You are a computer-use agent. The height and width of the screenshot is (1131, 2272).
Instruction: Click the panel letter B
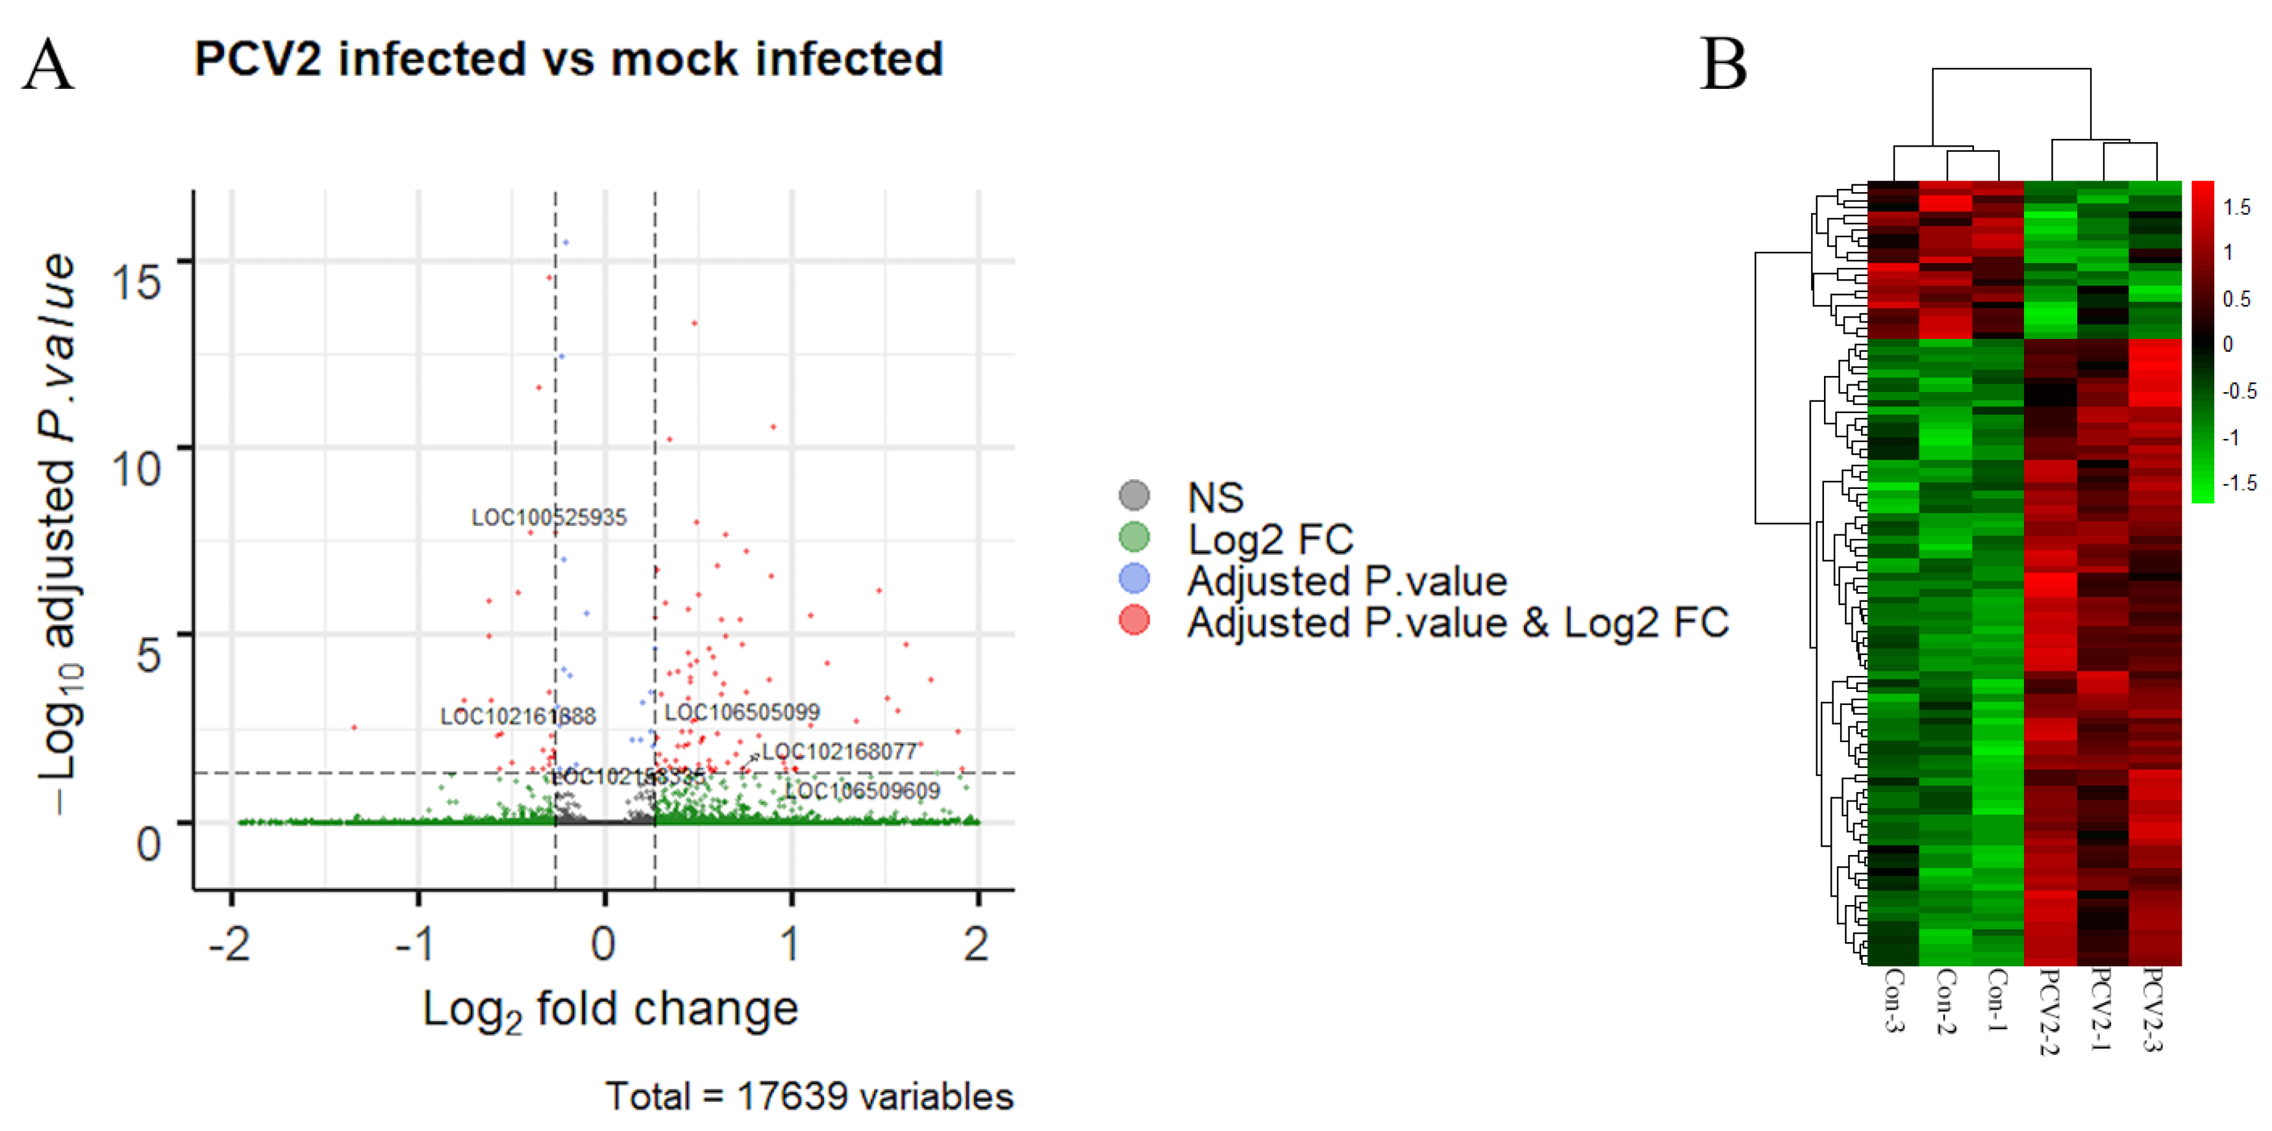click(1723, 66)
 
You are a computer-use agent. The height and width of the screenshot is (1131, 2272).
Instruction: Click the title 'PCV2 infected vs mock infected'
click(569, 60)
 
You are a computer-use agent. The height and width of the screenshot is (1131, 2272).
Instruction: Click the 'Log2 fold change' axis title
click(610, 1009)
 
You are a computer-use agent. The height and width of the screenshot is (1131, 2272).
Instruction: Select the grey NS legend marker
click(1134, 495)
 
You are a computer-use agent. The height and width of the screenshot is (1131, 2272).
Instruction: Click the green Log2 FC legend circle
click(1134, 536)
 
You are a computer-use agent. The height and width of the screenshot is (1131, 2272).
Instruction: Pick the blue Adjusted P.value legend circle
click(1134, 578)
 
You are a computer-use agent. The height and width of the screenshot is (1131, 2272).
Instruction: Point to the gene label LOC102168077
click(839, 752)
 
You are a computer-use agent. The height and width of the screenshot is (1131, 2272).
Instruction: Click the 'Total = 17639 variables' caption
click(809, 1097)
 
